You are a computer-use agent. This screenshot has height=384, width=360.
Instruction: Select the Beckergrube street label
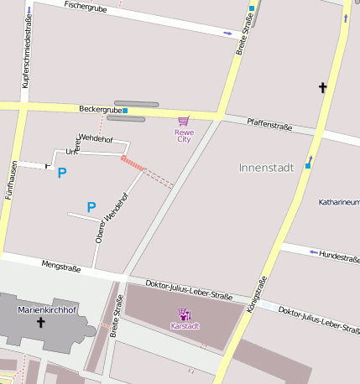point(100,109)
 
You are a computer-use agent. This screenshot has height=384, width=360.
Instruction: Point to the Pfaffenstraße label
point(269,125)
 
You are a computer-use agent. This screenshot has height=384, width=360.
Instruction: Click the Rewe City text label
point(183,135)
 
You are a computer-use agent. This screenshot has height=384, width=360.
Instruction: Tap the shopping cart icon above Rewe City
point(183,121)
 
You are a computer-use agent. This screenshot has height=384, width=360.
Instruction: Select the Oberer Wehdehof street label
point(112,221)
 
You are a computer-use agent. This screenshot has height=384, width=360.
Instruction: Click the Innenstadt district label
point(266,168)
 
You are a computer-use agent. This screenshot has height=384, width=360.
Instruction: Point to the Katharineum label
point(339,202)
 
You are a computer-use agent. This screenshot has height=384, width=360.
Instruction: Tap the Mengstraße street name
point(60,268)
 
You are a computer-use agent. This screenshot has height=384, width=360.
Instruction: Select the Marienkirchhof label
point(45,310)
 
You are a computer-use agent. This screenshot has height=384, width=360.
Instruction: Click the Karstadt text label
point(185,325)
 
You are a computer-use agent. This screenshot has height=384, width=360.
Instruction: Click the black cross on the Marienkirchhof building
point(40,321)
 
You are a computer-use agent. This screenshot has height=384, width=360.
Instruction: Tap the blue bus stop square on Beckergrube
point(125,110)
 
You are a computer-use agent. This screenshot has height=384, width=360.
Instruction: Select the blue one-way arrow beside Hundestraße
point(314,252)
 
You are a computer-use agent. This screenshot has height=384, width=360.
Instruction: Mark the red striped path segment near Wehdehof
point(132,162)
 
